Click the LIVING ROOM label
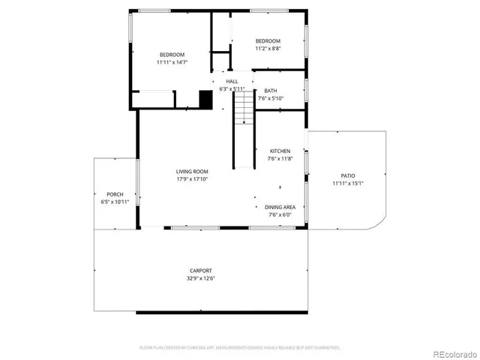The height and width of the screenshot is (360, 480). (x=192, y=171)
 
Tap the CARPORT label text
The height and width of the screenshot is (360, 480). (x=200, y=270)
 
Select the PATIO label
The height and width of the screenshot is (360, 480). (x=348, y=175)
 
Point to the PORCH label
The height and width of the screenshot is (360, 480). (x=115, y=194)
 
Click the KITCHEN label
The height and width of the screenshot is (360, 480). (x=280, y=151)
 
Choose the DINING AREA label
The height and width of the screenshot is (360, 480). (x=280, y=207)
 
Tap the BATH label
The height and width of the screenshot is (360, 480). (x=270, y=90)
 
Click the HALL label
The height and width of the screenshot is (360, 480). (x=232, y=81)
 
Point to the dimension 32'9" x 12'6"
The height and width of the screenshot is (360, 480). (x=200, y=278)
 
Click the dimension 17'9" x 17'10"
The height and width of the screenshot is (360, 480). (x=192, y=179)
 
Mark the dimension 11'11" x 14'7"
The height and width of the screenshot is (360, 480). (x=172, y=62)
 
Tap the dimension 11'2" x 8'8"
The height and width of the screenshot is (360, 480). (x=268, y=49)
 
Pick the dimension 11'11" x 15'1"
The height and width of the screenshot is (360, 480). (x=348, y=184)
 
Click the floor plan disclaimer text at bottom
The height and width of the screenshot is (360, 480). (x=240, y=348)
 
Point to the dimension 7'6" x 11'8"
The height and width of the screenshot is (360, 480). (x=280, y=159)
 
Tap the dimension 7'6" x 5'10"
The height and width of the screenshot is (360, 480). (x=270, y=98)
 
